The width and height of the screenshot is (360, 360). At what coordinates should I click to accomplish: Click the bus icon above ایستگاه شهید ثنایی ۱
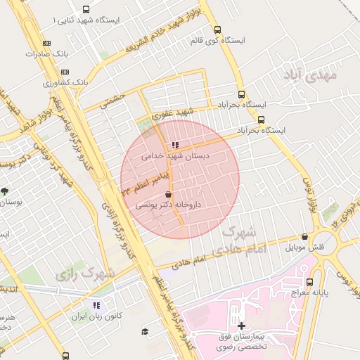[86, 10]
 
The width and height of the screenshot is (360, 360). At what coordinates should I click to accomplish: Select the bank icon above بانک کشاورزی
[65, 72]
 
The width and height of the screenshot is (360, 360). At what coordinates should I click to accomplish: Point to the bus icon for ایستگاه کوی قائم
[217, 30]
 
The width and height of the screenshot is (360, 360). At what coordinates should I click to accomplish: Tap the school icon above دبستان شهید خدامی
[175, 146]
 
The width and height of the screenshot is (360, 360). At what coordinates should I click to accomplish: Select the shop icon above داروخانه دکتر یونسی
[168, 194]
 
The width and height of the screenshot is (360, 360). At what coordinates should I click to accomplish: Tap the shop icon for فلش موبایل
[304, 237]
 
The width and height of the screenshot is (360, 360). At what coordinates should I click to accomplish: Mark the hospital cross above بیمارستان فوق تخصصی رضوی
[242, 326]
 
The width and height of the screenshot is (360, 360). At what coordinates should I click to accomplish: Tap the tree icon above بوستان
[6, 191]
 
